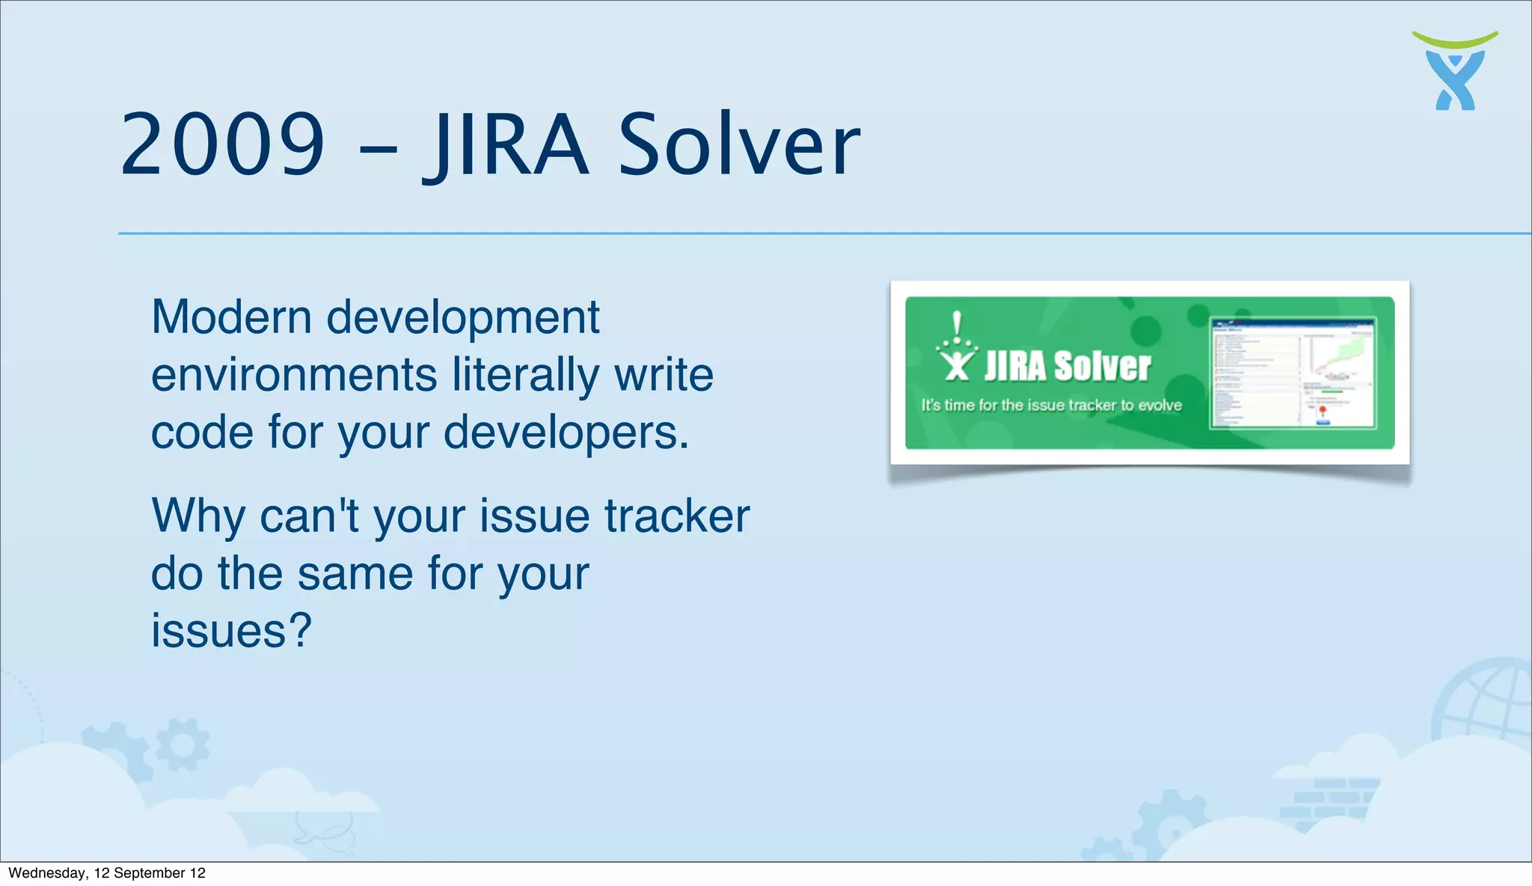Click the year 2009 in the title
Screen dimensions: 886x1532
[223, 144]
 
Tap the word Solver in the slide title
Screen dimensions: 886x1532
[739, 144]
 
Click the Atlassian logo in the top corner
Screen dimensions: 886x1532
[1455, 71]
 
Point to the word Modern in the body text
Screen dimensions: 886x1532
[231, 317]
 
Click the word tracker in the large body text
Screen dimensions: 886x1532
[676, 516]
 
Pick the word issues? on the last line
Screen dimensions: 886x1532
[231, 630]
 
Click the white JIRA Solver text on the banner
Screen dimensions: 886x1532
[1067, 367]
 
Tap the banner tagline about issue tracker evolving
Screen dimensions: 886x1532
[1051, 406]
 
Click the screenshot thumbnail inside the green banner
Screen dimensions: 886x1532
[1293, 373]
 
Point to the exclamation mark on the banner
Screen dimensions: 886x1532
[957, 324]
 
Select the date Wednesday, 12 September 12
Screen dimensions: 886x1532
[107, 873]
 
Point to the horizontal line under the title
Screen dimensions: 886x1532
[823, 233]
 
